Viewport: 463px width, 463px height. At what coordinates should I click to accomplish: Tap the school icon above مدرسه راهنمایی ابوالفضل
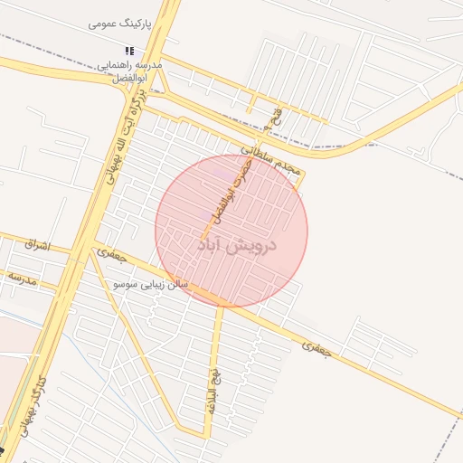(129, 52)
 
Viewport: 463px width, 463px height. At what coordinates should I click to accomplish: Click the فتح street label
(275, 117)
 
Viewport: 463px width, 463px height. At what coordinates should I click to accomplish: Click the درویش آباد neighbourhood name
(237, 245)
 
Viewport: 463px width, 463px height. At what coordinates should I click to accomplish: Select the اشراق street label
(40, 245)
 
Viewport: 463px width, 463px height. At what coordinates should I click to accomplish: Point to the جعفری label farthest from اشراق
(318, 346)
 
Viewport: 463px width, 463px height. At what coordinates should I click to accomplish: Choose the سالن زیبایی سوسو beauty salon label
(151, 284)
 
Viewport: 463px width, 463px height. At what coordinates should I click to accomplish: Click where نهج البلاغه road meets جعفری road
(221, 306)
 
